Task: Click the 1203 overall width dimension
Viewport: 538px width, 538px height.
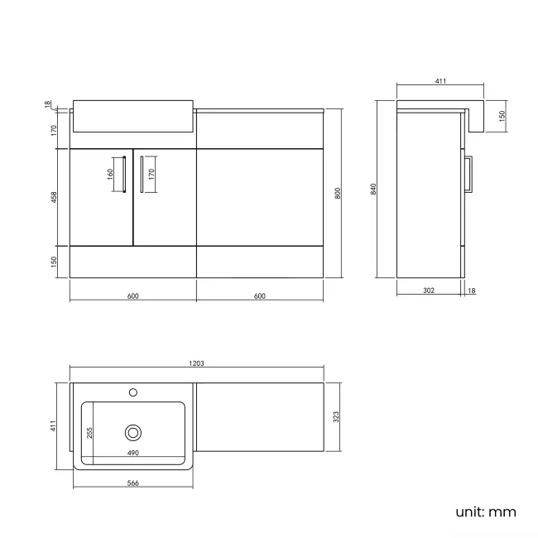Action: pyautogui.click(x=196, y=363)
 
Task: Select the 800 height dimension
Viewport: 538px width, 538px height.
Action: pyautogui.click(x=338, y=193)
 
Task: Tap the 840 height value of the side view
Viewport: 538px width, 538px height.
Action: pyautogui.click(x=374, y=189)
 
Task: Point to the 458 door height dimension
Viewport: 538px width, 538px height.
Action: pyautogui.click(x=53, y=198)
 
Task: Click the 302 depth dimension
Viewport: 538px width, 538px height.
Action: pyautogui.click(x=429, y=291)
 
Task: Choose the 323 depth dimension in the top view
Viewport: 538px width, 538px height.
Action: pyautogui.click(x=338, y=417)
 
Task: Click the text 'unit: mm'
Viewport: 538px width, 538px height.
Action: pyautogui.click(x=485, y=512)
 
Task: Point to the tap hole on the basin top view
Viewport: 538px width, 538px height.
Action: pyautogui.click(x=132, y=392)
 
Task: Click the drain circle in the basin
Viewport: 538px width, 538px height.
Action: pyautogui.click(x=133, y=431)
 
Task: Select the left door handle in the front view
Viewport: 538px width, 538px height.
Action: pyautogui.click(x=123, y=175)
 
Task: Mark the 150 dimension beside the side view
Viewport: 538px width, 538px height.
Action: pyautogui.click(x=502, y=116)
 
